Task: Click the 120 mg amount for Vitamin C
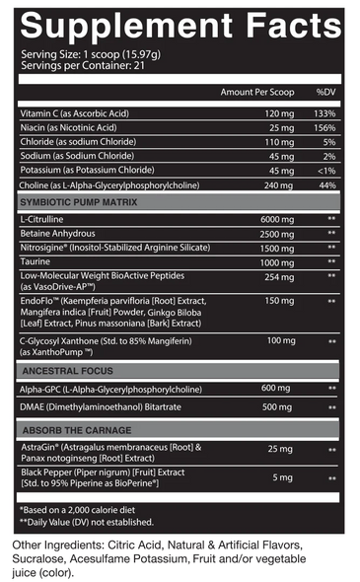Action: pyautogui.click(x=280, y=113)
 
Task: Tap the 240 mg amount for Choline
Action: pyautogui.click(x=280, y=184)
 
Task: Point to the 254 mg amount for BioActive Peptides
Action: pyautogui.click(x=280, y=277)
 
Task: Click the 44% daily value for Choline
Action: pyautogui.click(x=327, y=184)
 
